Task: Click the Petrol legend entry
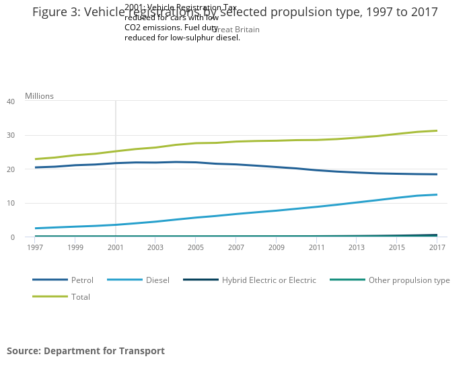81,280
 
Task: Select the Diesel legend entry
157,280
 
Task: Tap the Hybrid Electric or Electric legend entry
268,280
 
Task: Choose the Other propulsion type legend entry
408,280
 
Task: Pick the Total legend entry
80,297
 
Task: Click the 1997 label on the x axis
36,248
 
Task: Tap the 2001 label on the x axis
116,248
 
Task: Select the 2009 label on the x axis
277,248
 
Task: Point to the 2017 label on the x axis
437,248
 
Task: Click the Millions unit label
39,96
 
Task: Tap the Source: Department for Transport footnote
85,351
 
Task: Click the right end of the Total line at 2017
437,131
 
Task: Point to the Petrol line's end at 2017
437,175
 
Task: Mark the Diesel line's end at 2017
437,195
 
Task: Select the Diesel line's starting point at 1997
36,229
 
